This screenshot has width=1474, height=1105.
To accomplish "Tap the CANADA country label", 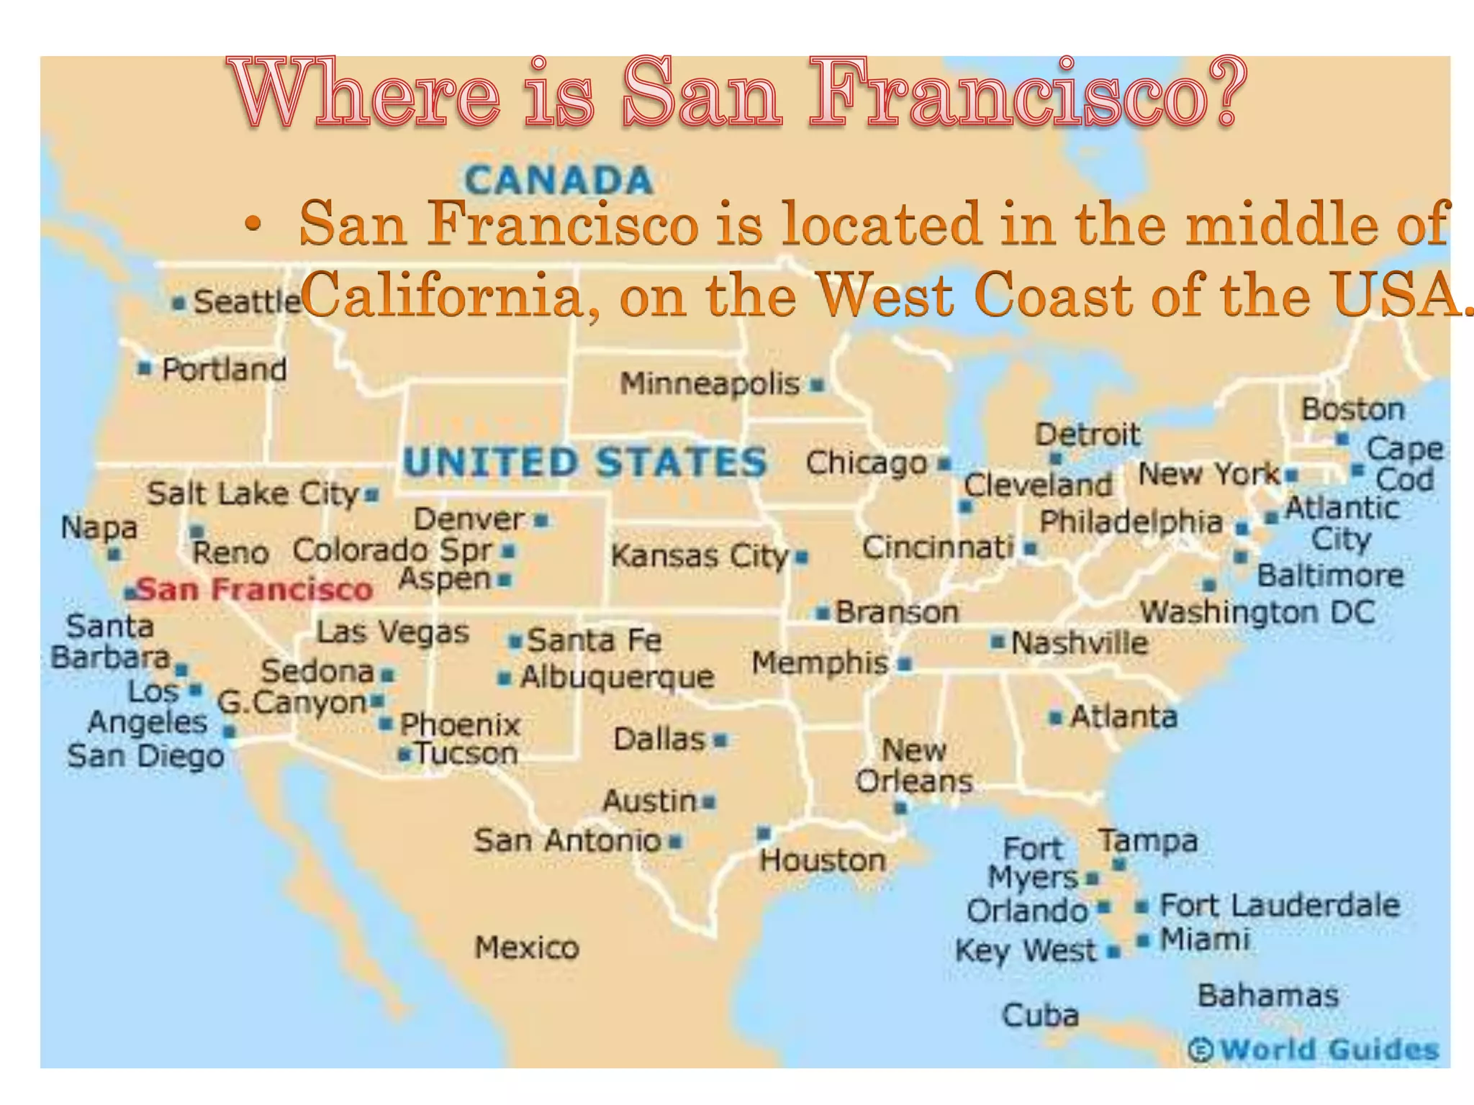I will pos(559,180).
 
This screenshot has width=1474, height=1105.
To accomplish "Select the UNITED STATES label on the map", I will pos(585,462).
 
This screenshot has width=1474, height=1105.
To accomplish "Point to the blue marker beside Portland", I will pos(145,368).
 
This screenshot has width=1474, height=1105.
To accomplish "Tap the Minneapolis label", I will pos(710,384).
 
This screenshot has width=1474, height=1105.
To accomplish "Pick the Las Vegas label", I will pos(393,632).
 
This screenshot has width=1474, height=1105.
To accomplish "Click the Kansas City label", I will pos(700,556).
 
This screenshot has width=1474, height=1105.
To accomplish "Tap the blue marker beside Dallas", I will pos(720,740).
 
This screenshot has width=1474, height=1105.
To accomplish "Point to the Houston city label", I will pos(823,860).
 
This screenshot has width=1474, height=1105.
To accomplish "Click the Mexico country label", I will pos(527,947).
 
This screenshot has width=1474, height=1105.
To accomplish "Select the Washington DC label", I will pos(1257,613).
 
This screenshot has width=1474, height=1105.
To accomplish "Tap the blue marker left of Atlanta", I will pos(1056,717).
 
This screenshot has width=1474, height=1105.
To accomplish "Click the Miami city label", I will pos(1205,940).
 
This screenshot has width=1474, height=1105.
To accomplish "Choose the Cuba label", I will pos(1040,1015).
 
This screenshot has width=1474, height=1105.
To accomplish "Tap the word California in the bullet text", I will pos(440,296).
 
